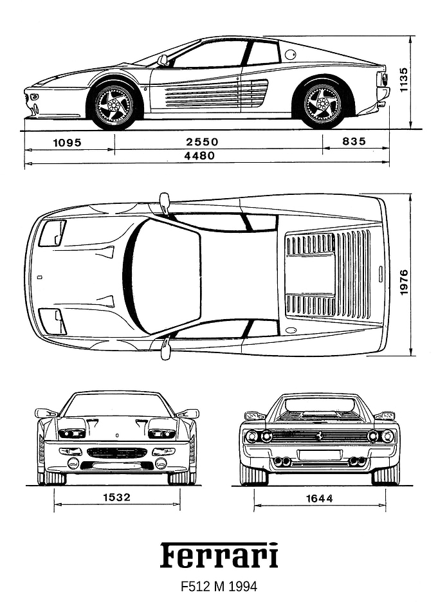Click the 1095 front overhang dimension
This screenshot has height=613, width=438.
68,142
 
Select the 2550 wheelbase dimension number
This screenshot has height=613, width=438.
202,142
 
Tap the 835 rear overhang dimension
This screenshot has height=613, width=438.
354,141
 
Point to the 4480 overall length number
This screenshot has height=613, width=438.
199,156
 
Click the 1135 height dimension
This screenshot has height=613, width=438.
403,80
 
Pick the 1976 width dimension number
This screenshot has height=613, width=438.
404,282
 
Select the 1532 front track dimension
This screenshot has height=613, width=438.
116,497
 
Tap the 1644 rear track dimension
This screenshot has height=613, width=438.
320,499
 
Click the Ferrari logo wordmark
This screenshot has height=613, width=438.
219,555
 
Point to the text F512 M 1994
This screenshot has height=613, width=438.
219,587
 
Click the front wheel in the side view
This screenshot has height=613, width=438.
114,105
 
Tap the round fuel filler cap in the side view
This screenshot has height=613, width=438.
291,54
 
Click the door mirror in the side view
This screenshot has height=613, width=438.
163,60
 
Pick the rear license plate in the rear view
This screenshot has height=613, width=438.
319,455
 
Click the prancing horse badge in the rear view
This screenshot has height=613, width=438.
320,435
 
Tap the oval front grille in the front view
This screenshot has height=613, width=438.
117,453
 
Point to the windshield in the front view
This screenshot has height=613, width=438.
117,405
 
